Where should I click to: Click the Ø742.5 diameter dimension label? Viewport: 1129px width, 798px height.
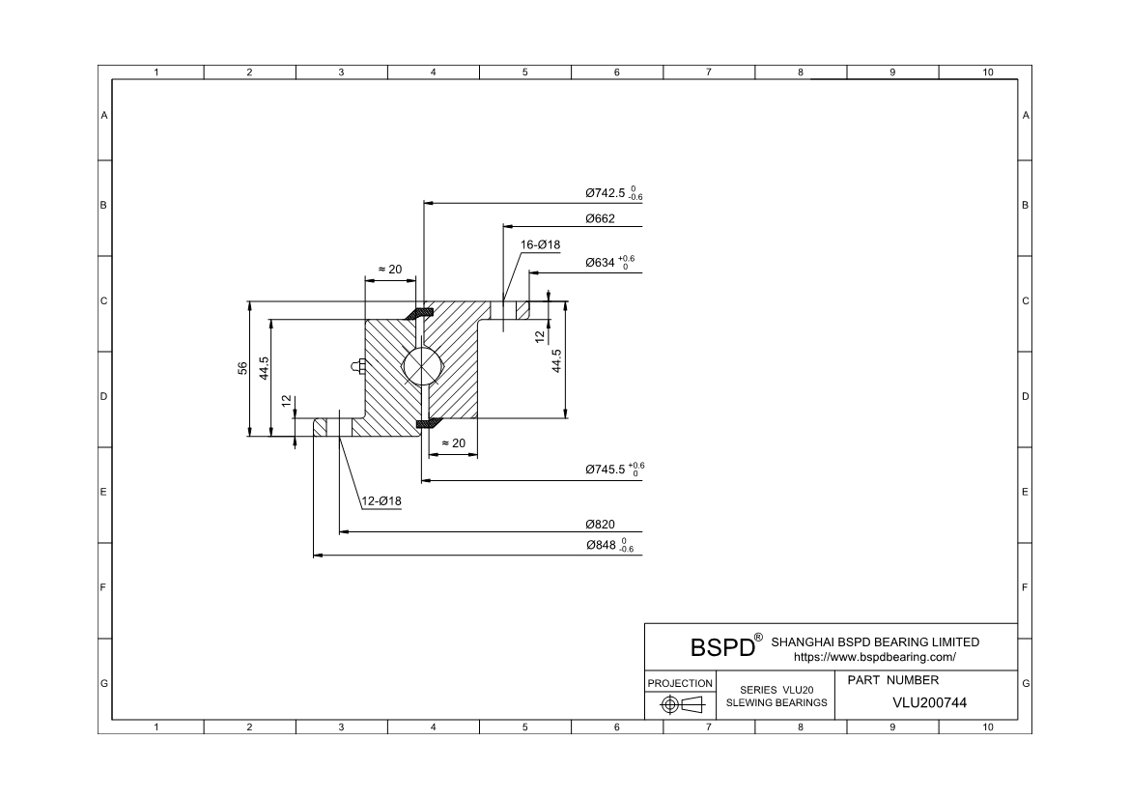607,193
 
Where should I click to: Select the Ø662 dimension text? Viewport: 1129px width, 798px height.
600,218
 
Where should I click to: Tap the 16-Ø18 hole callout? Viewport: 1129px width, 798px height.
540,245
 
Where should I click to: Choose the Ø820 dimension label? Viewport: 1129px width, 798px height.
600,524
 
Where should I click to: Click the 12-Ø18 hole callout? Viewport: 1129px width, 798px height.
381,501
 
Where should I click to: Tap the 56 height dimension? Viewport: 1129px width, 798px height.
242,368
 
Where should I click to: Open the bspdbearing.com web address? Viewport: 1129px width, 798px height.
874,657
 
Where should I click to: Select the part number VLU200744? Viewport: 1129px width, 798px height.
929,702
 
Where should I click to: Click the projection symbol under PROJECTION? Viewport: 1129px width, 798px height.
680,704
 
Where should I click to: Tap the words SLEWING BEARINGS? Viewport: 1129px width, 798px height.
776,703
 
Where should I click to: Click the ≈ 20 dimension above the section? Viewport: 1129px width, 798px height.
389,270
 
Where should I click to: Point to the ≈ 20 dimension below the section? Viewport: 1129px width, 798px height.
453,442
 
